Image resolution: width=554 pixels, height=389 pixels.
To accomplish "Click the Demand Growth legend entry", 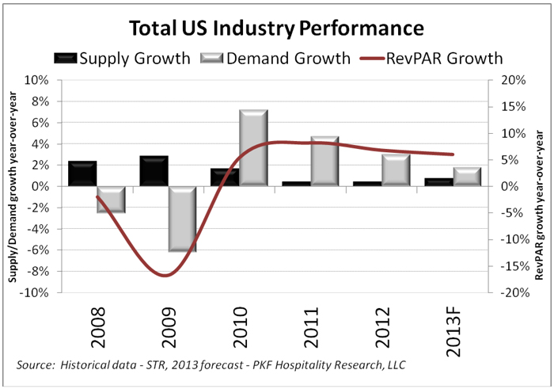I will (276, 58).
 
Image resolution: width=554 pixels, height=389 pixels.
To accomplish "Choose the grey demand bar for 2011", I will (324, 161).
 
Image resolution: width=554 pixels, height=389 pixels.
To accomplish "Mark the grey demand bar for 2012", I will (396, 170).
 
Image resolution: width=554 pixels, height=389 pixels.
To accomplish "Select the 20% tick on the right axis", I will (507, 80).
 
